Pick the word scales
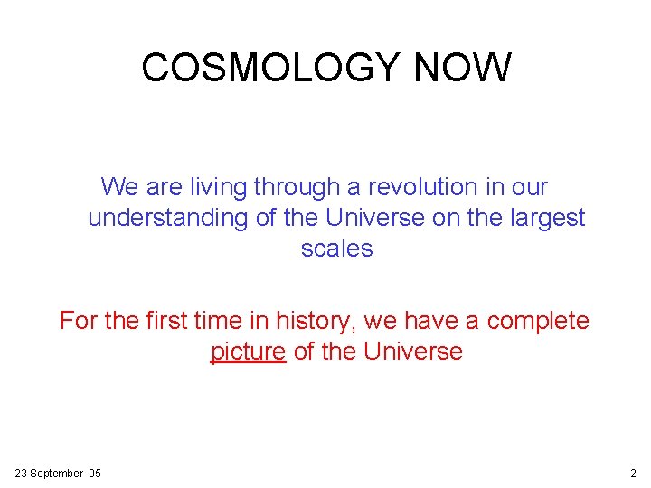(336, 249)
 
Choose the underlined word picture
(248, 352)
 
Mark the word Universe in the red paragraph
(412, 352)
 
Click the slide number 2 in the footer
(633, 474)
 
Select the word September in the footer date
(56, 474)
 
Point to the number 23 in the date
(22, 474)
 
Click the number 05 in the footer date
(94, 474)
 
